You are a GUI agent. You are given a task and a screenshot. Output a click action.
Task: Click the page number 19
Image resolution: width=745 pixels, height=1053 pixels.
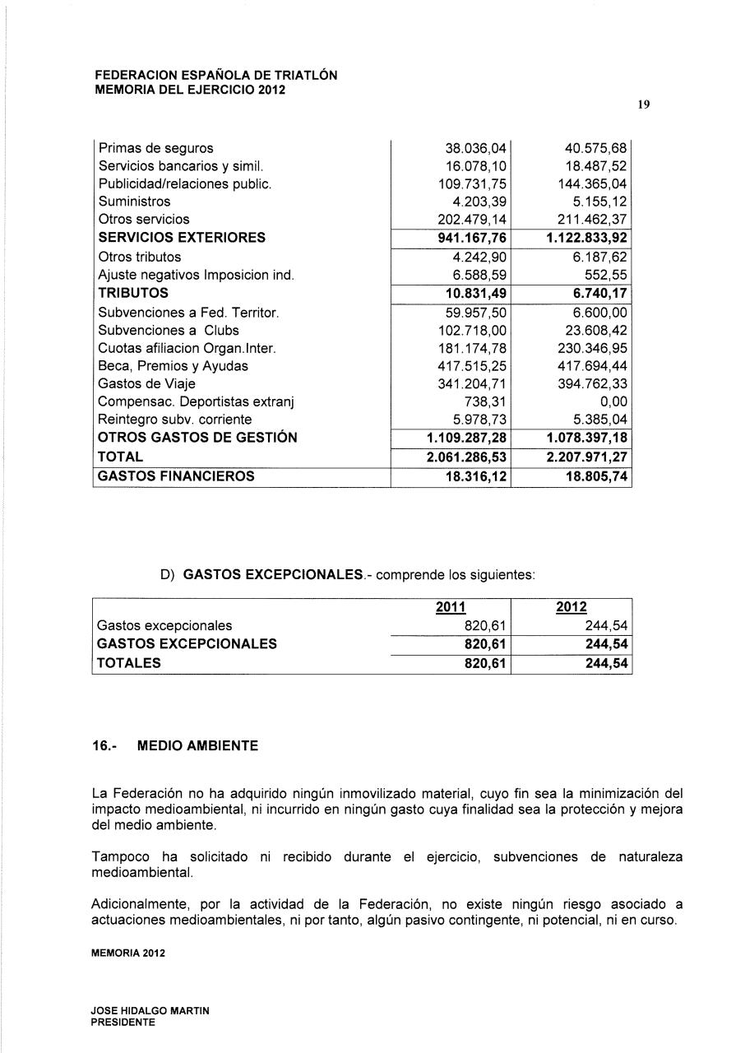point(644,104)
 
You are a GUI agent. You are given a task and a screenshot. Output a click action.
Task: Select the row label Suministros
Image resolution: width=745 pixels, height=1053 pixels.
point(134,202)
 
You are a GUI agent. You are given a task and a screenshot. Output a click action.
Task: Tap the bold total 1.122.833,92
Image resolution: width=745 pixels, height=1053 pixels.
point(587,238)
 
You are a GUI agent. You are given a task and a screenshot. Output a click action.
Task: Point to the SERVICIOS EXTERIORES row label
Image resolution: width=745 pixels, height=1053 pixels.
point(182,238)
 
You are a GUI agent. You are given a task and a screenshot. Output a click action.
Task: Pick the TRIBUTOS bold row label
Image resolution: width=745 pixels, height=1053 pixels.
point(133,293)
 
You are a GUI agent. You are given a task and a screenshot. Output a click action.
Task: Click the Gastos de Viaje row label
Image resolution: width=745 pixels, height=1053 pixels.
point(146,383)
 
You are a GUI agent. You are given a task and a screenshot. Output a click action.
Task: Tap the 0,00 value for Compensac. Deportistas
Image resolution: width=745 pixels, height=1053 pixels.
point(613,401)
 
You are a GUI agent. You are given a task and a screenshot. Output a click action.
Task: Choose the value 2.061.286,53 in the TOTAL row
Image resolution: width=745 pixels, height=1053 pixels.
point(467,456)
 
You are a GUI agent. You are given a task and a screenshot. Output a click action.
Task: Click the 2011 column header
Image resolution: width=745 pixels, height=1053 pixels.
point(450,607)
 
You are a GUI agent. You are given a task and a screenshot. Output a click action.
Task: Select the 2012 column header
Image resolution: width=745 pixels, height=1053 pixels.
point(571,607)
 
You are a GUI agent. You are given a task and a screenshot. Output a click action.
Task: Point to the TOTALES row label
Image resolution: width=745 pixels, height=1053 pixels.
point(129,663)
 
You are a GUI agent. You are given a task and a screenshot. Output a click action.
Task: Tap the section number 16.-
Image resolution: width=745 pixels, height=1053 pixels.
point(104,746)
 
